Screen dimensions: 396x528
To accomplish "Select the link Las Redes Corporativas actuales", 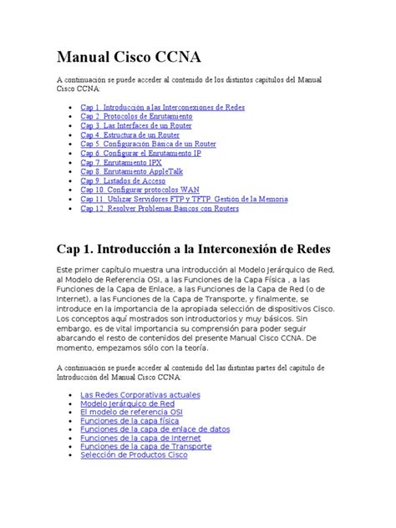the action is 141,394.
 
